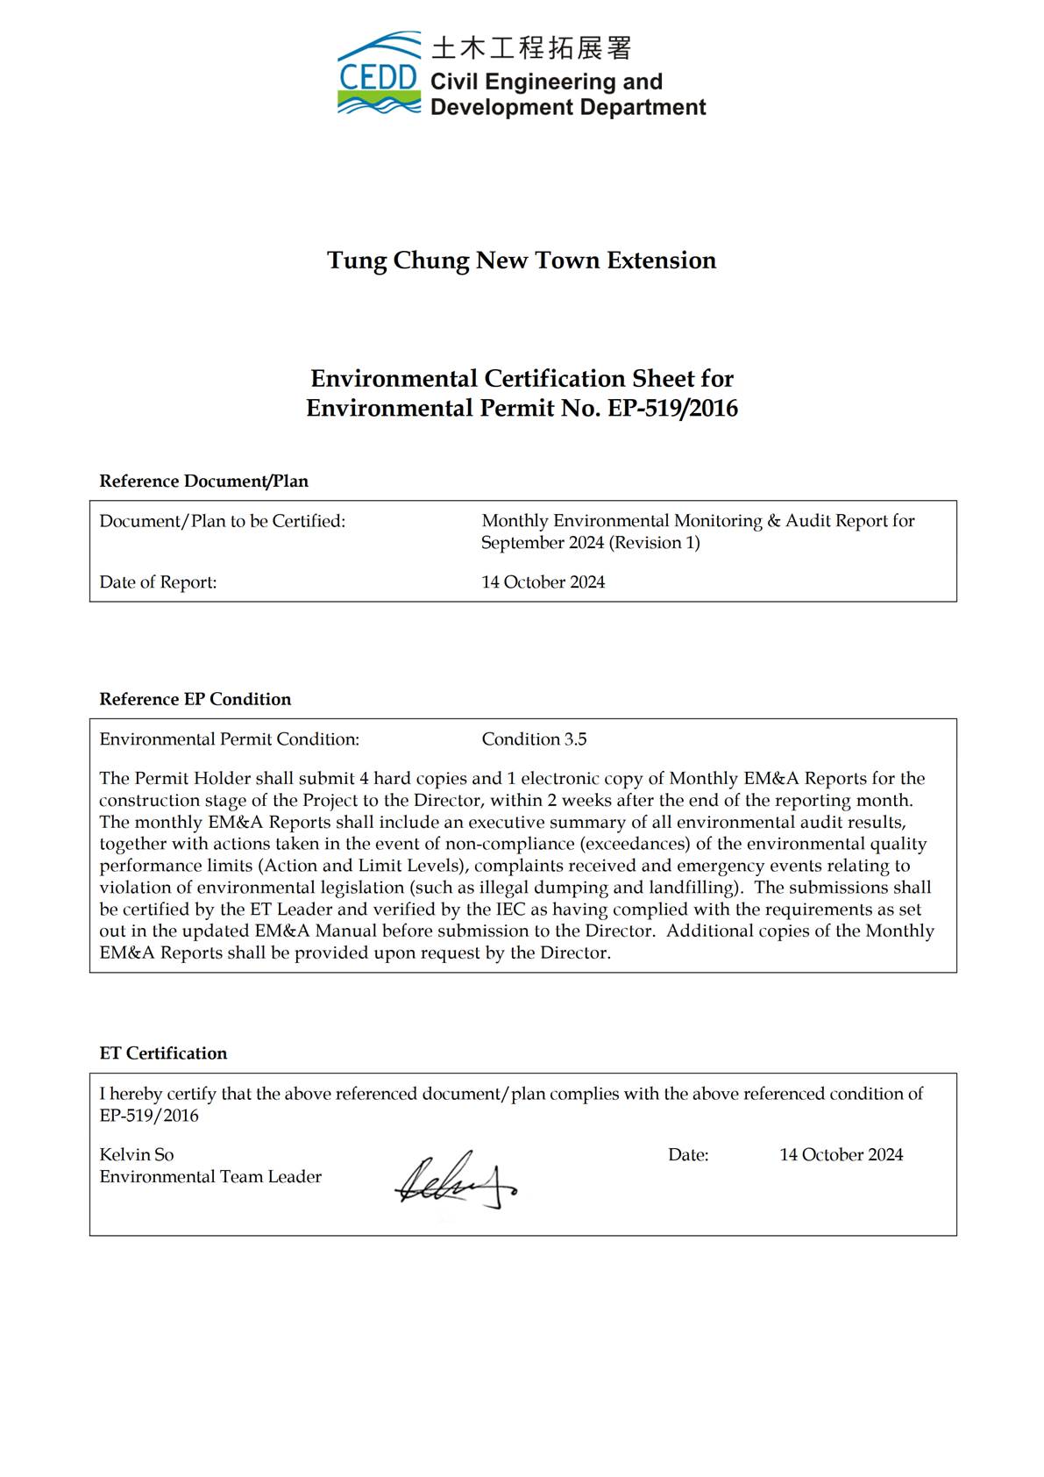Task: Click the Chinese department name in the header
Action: click(x=531, y=47)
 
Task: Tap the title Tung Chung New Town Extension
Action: click(x=522, y=260)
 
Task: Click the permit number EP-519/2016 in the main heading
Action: click(x=672, y=408)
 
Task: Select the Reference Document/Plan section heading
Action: click(x=203, y=481)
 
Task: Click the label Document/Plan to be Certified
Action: click(x=222, y=521)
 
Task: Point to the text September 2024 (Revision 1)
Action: click(x=590, y=543)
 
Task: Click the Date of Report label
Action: click(x=158, y=582)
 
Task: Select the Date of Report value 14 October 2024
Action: click(x=543, y=582)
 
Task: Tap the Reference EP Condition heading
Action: click(x=195, y=699)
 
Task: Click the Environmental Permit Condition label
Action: click(x=229, y=739)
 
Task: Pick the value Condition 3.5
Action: click(x=534, y=739)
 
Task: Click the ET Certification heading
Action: click(x=163, y=1053)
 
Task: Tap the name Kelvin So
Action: click(x=137, y=1155)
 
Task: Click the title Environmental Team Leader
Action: click(x=210, y=1177)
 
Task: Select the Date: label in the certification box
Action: click(x=688, y=1155)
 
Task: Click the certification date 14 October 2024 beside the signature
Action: click(x=841, y=1155)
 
